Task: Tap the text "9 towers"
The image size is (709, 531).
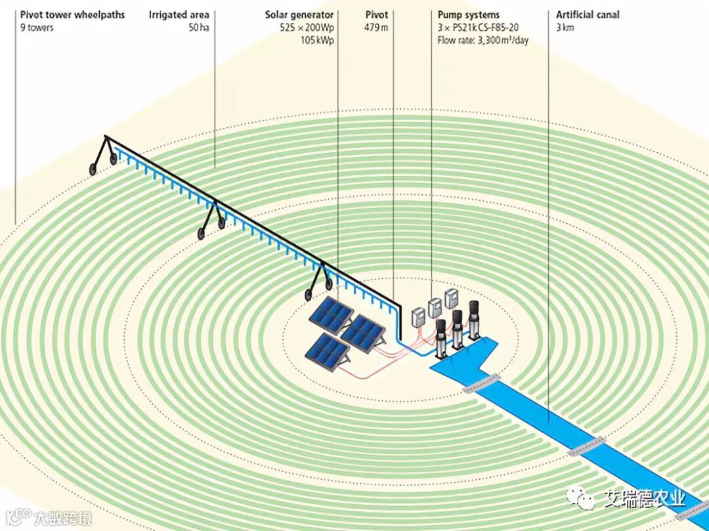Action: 37,28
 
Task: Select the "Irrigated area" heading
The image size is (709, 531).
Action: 179,14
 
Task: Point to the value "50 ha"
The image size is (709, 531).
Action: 198,28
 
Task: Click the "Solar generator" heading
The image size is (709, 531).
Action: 299,14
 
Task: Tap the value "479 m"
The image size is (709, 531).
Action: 376,28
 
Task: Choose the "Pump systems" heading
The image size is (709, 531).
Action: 469,14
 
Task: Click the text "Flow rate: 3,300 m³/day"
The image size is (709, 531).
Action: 483,40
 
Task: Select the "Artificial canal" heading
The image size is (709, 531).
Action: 588,14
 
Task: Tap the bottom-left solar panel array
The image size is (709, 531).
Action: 327,352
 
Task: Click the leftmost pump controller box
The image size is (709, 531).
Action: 418,316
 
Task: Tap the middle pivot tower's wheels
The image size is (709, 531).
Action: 211,225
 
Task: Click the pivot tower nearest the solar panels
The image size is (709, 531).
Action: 320,280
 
